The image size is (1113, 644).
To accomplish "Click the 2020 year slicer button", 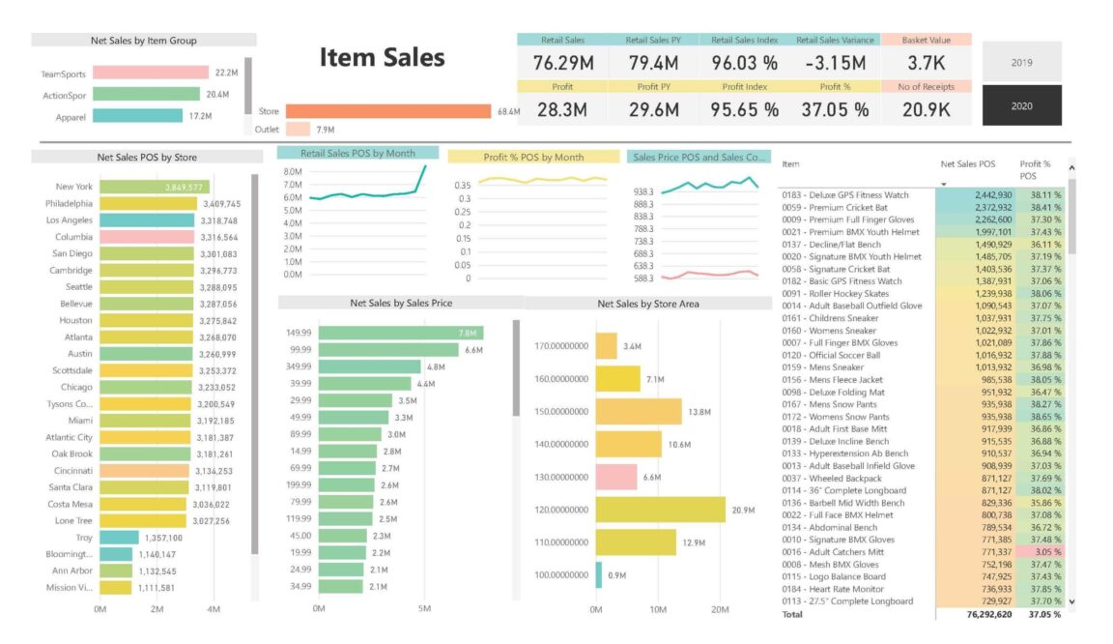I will point(1021,105).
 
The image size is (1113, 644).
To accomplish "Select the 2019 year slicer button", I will point(1021,62).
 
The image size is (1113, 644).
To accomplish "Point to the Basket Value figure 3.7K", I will point(926,63).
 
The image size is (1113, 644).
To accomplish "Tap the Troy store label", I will point(84,538).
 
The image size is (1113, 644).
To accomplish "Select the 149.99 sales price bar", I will point(400,333).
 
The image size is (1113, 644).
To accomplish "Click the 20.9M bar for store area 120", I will point(660,510).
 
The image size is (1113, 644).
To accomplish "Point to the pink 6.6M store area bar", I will point(615,477).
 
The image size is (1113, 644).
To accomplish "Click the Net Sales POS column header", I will point(967,164).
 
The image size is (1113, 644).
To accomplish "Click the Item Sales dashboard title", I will point(382,58).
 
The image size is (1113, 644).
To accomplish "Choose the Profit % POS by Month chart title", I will point(533,157).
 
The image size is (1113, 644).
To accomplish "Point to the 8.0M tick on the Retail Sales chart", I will point(293,172).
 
